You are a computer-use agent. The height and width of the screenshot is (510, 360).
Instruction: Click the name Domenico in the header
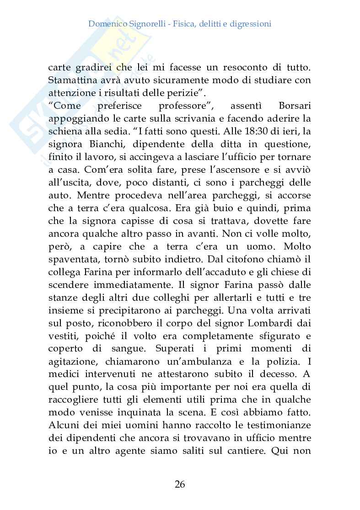coord(107,23)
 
